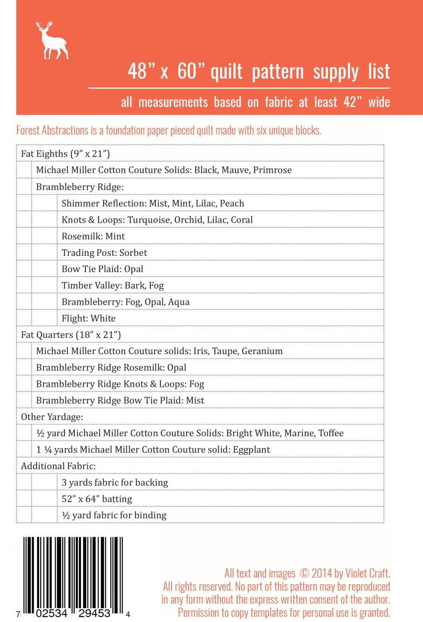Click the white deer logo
(x=52, y=41)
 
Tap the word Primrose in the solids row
(x=272, y=170)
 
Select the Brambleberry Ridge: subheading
(x=80, y=187)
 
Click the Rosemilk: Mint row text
(x=93, y=236)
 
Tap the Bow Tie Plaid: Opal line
(x=102, y=269)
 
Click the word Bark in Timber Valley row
(x=135, y=285)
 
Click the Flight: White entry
(x=88, y=318)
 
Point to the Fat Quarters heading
(x=71, y=335)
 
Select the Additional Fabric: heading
(x=58, y=466)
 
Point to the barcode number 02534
(x=51, y=613)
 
